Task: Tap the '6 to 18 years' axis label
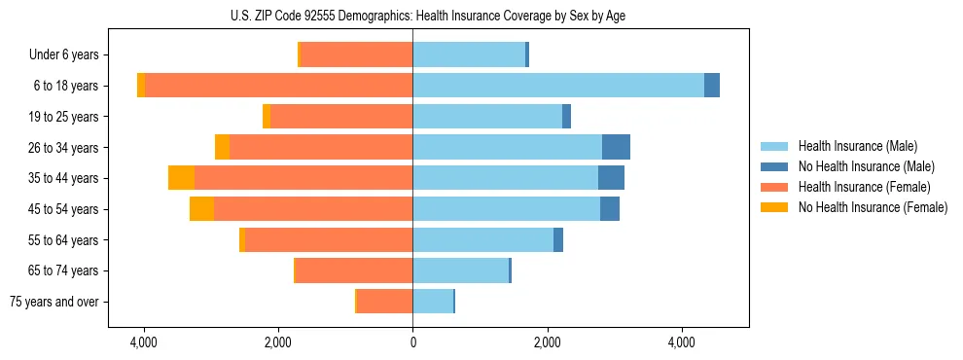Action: click(65, 86)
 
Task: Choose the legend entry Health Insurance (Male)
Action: click(857, 146)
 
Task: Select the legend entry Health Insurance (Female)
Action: click(864, 187)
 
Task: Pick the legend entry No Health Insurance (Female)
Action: click(873, 207)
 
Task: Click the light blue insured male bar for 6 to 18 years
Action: click(558, 86)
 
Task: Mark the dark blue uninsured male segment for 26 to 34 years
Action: click(616, 147)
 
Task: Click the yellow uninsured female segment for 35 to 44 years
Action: click(181, 178)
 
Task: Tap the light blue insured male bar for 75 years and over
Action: click(433, 302)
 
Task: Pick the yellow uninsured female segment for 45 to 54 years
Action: click(201, 209)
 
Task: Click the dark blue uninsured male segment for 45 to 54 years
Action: click(610, 209)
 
